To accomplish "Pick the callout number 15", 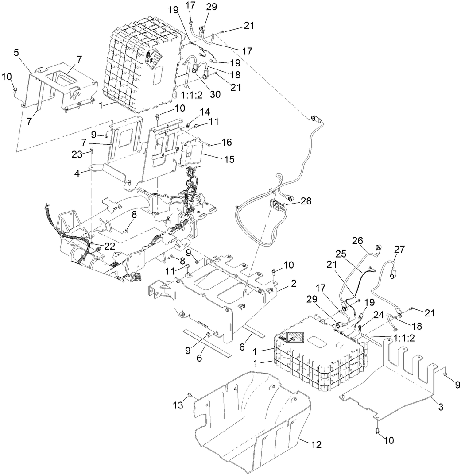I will click(229, 158).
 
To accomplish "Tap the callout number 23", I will click(77, 154).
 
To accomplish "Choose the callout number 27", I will click(399, 249).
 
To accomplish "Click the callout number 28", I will click(305, 200).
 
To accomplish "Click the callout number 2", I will click(294, 282).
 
